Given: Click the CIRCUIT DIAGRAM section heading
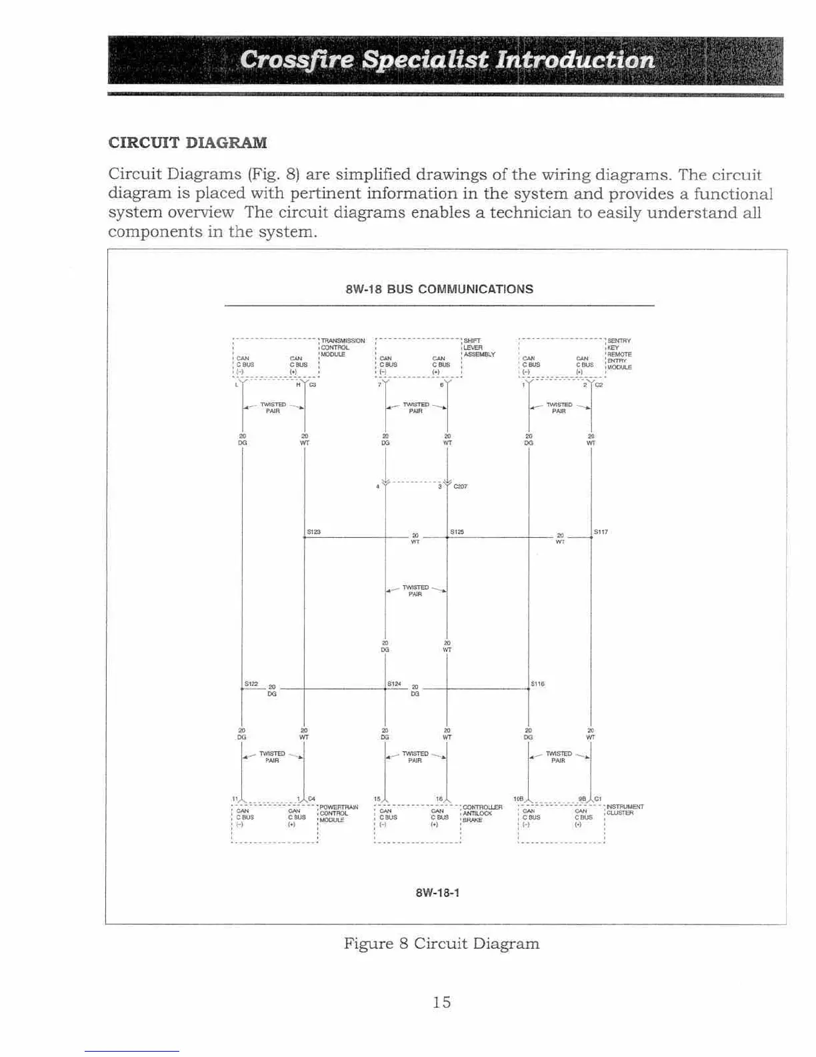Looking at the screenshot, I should (187, 143).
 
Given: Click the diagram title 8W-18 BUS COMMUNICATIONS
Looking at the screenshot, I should (439, 289).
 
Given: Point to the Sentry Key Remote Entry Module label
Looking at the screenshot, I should (619, 354).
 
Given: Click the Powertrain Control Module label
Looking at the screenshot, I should (339, 813).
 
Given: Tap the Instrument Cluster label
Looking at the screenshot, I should (625, 810).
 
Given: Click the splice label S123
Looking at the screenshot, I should (314, 532).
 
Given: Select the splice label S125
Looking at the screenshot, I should (457, 532).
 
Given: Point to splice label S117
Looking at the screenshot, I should (601, 532).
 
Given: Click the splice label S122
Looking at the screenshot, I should (251, 684).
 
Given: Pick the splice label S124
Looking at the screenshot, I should (394, 684).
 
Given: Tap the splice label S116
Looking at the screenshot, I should (537, 684).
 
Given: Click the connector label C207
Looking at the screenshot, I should (460, 486).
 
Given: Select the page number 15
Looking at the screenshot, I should (441, 1002).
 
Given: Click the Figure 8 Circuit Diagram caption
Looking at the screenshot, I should (441, 944).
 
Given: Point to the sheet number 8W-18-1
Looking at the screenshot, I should (437, 893).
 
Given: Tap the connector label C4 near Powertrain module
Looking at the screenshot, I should (311, 798).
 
